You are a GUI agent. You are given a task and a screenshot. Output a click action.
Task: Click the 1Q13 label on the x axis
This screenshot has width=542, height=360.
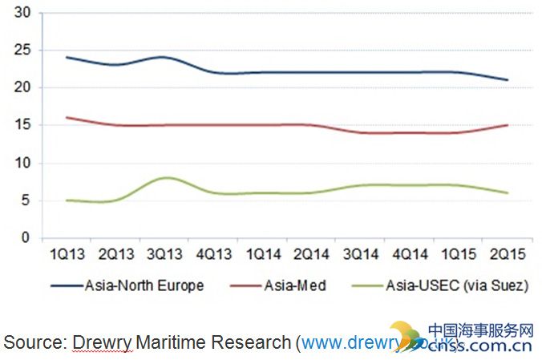pos(63,253)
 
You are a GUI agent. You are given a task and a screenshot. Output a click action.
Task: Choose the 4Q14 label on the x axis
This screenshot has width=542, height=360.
pos(407,253)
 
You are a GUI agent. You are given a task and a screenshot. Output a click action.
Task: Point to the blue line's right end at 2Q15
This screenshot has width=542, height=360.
pos(507,80)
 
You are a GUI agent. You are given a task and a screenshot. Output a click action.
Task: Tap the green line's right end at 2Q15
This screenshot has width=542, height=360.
pos(507,192)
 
